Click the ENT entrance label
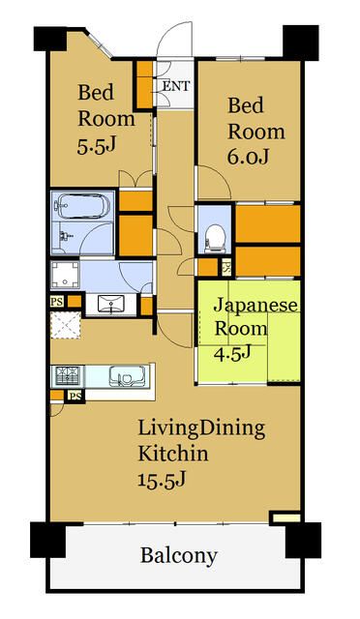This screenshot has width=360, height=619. click(175, 86)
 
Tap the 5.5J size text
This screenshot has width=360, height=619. click(98, 147)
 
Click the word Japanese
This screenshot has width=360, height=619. click(255, 306)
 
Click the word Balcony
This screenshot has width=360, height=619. click(179, 556)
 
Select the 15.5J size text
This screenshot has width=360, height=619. click(163, 478)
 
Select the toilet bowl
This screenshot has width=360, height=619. click(215, 233)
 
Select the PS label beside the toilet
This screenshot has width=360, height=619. click(226, 268)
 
